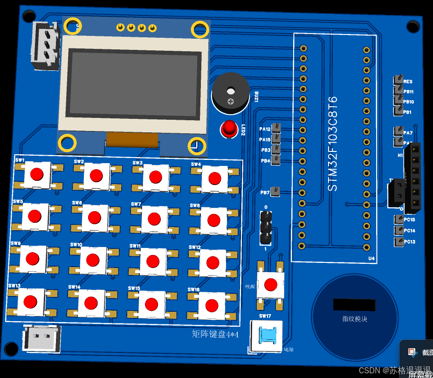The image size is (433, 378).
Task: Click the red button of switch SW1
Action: click(x=37, y=174)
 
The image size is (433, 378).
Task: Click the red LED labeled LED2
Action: click(x=229, y=128)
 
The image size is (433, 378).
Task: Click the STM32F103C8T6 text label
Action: click(x=332, y=144)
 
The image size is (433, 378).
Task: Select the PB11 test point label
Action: click(x=408, y=92)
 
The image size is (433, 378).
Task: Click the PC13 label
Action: click(x=409, y=242)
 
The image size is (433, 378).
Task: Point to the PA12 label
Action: click(x=264, y=129)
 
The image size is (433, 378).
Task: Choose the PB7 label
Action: click(x=264, y=192)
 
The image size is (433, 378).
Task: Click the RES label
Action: click(x=408, y=82)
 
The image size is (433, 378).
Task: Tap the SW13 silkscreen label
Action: click(x=14, y=286)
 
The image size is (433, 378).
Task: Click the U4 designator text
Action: click(x=371, y=258)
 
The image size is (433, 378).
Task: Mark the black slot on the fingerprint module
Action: click(x=354, y=305)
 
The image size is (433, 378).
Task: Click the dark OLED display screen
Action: click(x=133, y=83)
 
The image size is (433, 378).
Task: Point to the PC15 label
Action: click(x=409, y=220)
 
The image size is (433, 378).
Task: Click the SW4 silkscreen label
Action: click(x=196, y=164)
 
